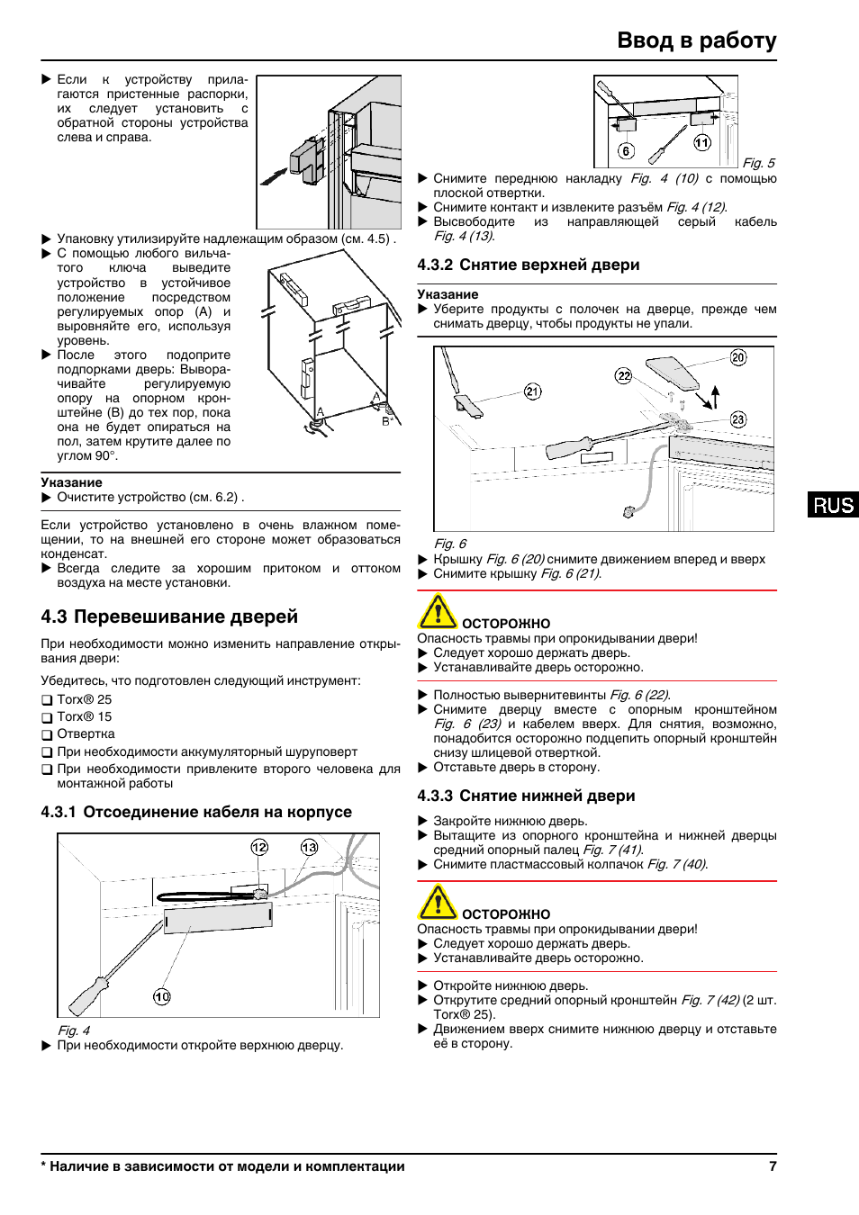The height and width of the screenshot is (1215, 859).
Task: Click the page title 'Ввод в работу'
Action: click(696, 40)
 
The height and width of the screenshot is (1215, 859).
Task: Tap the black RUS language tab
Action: click(833, 505)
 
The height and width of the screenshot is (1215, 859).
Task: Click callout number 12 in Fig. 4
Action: click(259, 847)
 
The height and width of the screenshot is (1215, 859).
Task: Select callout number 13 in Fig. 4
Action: click(309, 847)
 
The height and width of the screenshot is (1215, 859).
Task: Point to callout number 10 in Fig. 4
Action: click(162, 996)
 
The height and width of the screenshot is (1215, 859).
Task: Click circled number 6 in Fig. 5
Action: click(626, 150)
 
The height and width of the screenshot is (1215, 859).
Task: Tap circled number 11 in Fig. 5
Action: click(702, 142)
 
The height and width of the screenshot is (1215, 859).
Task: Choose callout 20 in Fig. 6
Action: click(738, 357)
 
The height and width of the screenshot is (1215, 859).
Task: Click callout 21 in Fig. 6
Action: click(533, 391)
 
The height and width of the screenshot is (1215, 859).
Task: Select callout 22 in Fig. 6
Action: click(624, 375)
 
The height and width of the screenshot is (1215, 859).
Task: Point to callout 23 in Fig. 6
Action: click(738, 419)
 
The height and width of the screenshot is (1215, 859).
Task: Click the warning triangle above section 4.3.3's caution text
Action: click(438, 902)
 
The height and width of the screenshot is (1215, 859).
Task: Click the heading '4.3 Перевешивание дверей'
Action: click(169, 616)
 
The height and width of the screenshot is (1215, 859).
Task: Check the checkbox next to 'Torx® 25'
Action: click(47, 700)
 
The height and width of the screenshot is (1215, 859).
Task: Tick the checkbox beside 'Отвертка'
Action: click(47, 734)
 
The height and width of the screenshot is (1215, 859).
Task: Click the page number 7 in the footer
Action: click(773, 1166)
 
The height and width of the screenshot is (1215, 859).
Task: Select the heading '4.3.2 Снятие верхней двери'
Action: click(528, 265)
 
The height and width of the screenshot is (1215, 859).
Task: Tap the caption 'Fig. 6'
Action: click(450, 544)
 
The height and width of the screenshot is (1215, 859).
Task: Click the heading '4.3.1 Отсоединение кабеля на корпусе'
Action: click(196, 812)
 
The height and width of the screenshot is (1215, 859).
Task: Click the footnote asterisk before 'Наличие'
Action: click(43, 1166)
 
